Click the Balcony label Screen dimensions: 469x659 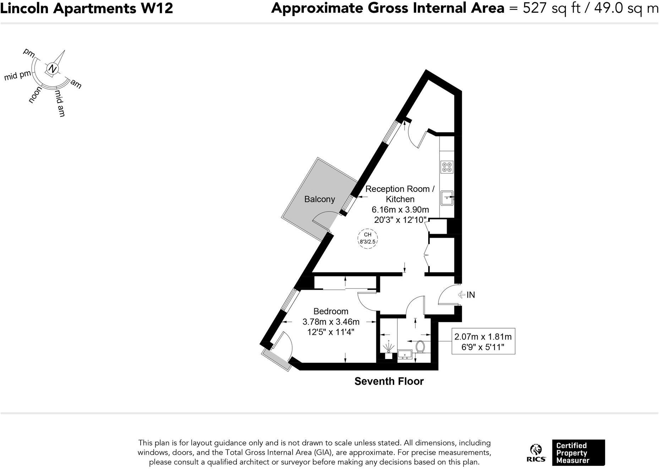click(x=320, y=199)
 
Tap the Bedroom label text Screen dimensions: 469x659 click(x=331, y=311)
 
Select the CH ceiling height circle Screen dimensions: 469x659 click(x=367, y=238)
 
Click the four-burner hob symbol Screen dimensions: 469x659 click(x=447, y=167)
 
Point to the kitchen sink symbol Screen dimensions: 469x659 click(x=447, y=198)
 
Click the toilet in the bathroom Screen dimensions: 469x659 click(x=420, y=347)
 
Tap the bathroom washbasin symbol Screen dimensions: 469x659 click(x=404, y=354)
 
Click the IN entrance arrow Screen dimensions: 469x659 click(x=462, y=294)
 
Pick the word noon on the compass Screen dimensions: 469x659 click(x=35, y=95)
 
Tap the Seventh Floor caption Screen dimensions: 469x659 click(x=389, y=381)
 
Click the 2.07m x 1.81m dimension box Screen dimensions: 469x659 click(x=483, y=341)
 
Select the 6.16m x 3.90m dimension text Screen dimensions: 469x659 click(x=400, y=210)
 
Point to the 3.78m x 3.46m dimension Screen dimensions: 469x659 click(x=331, y=322)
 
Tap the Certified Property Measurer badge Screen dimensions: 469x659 click(x=578, y=453)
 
